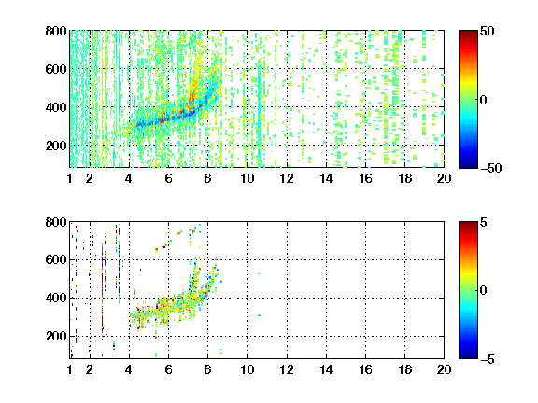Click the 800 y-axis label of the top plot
[x=56, y=31]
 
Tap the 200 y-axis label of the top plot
[x=56, y=146]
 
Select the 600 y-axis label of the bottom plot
[x=56, y=259]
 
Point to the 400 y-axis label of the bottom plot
[x=56, y=298]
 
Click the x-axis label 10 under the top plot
[x=247, y=178]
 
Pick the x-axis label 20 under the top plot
[x=444, y=178]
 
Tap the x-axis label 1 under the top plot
[x=70, y=178]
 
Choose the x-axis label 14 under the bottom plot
[x=326, y=369]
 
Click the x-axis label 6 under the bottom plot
[x=168, y=369]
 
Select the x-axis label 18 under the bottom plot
[x=404, y=369]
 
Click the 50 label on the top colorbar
[x=488, y=31]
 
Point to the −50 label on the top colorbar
[x=491, y=168]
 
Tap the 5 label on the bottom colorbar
[x=484, y=222]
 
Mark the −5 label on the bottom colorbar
[x=488, y=359]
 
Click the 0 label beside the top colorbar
[x=484, y=100]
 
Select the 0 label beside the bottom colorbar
[x=484, y=291]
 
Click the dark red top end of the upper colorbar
[x=468, y=33]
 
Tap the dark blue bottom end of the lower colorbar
[x=468, y=356]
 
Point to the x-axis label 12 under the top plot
[x=287, y=178]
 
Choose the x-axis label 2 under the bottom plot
[x=90, y=369]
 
